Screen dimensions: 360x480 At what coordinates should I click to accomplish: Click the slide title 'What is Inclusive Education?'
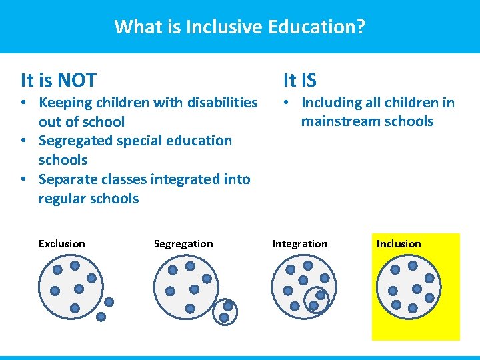[239, 27]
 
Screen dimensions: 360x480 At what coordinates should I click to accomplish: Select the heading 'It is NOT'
[59, 81]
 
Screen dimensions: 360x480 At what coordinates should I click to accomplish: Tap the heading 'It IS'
[300, 81]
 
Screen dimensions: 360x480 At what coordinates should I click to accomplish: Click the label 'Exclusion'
[62, 244]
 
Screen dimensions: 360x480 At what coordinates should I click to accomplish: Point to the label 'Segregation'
[183, 244]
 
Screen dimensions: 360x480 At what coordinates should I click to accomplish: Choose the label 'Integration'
[299, 244]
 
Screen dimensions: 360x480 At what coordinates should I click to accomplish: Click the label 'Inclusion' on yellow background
[399, 244]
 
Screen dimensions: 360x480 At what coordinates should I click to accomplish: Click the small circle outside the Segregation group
[226, 311]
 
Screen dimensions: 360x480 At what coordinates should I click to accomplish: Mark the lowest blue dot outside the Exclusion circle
[101, 317]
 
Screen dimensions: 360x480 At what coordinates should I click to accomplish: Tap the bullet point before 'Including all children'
[285, 103]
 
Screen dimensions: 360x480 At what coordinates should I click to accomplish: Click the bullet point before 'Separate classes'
[23, 180]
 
